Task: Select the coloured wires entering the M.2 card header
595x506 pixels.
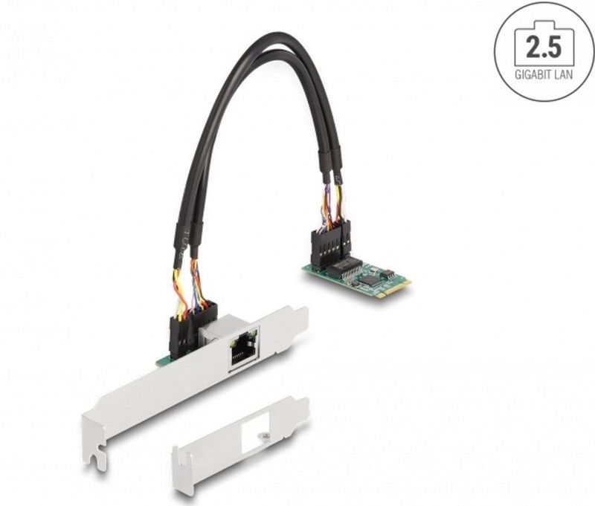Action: pos(332,208)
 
